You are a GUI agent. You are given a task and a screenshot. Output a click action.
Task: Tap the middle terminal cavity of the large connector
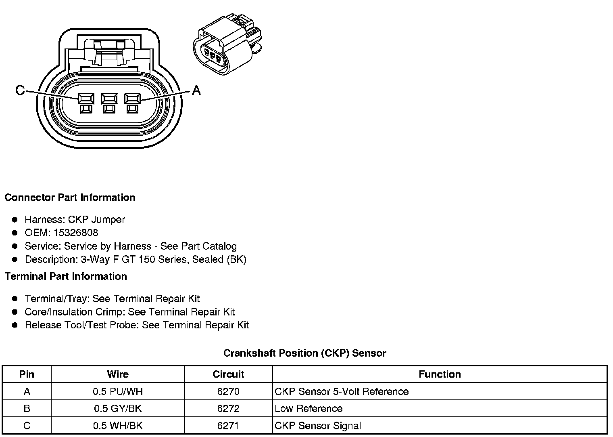tap(109, 99)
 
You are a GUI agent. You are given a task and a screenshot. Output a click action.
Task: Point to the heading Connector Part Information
tap(70, 197)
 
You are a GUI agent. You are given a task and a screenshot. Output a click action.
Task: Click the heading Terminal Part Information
tap(66, 276)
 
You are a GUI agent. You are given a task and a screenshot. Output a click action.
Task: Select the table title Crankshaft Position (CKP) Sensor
tap(304, 353)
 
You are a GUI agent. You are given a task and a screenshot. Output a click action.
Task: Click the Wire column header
tap(118, 374)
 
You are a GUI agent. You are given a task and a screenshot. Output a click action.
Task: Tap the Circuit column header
tap(228, 374)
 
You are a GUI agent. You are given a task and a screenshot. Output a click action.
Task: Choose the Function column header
tap(440, 374)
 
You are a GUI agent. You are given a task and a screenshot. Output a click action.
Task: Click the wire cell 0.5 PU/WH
tap(118, 391)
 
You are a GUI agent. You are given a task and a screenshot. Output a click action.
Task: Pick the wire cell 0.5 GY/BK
tap(118, 408)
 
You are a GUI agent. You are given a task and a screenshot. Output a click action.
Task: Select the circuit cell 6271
tap(228, 426)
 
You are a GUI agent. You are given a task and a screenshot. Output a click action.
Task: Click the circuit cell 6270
tap(228, 391)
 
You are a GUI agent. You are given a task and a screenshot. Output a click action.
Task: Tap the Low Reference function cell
tap(309, 408)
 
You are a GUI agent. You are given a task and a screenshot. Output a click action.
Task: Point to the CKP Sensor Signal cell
tap(318, 426)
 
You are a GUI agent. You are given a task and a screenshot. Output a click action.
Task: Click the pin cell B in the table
tap(27, 408)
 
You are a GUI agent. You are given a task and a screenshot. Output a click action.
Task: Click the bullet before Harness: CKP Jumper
tap(15, 220)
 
